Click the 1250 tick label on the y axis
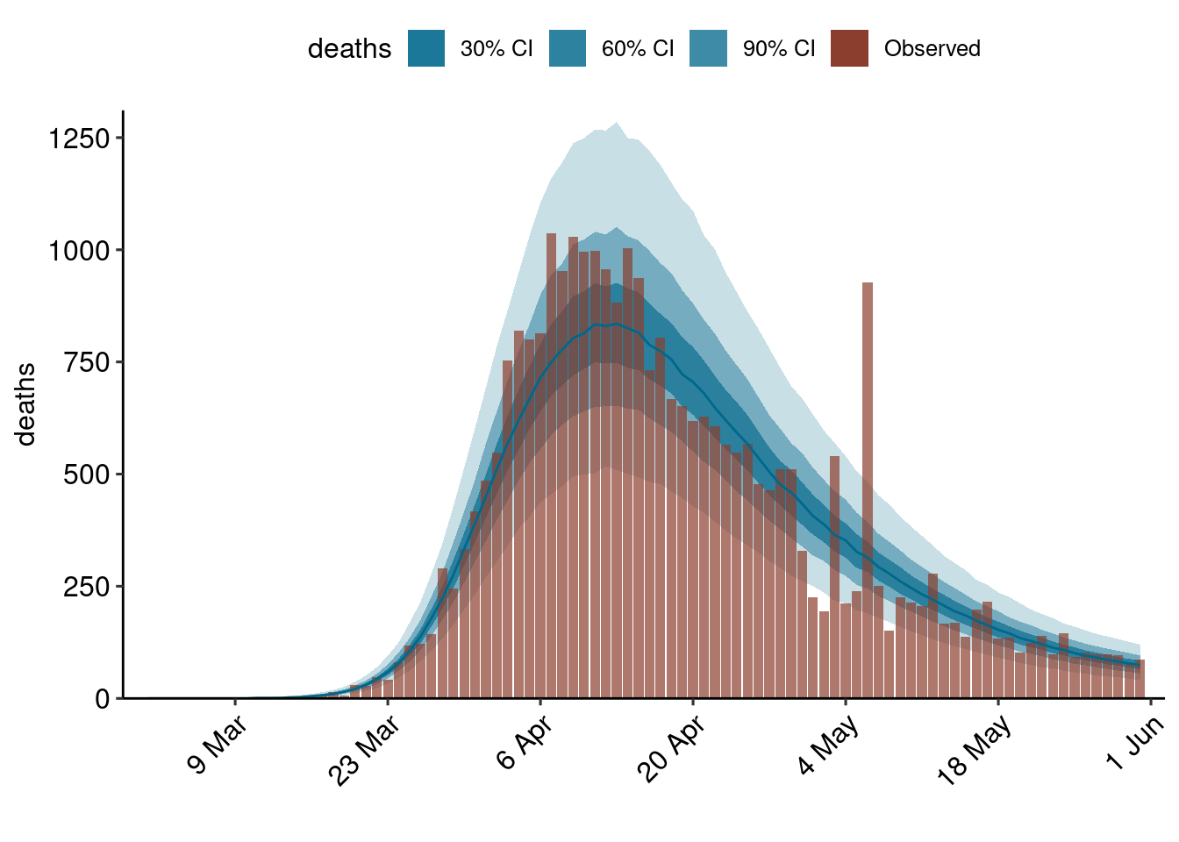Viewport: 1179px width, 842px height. [79, 139]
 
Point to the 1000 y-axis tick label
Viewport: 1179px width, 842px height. [79, 251]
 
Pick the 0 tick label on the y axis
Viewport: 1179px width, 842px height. [104, 699]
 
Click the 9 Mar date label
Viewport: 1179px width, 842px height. [216, 745]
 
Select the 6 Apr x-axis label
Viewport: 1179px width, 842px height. [523, 742]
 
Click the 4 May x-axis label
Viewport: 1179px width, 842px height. [827, 745]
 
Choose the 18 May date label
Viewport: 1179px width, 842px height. [974, 749]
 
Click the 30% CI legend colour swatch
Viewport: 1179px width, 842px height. [426, 48]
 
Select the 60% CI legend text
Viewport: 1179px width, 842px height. [638, 48]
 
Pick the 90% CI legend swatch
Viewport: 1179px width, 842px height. [709, 48]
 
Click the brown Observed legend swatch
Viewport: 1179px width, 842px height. [849, 48]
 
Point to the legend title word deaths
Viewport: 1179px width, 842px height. [349, 48]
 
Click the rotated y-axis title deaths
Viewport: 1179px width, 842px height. [26, 404]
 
